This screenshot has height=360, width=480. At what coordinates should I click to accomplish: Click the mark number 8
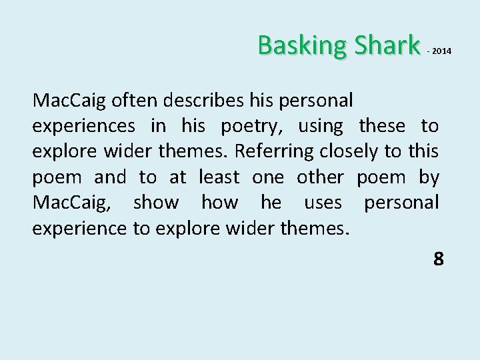[x=438, y=259]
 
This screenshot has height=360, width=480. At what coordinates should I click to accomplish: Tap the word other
[x=319, y=178]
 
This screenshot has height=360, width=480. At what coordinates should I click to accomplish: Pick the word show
[x=156, y=203]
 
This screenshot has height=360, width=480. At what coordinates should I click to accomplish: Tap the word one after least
[x=268, y=178]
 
